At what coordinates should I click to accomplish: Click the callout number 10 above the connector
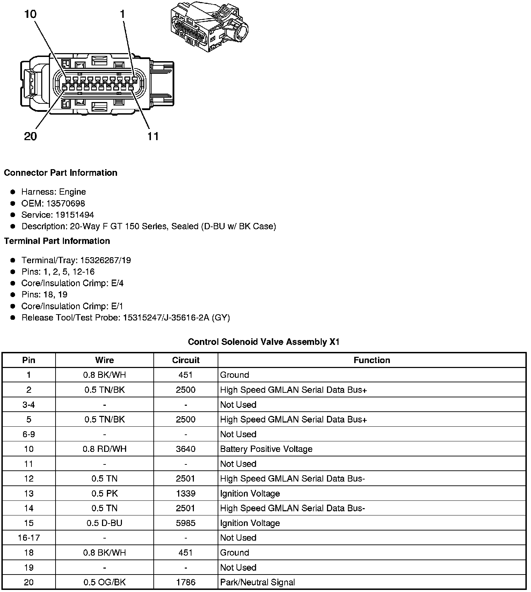[30, 14]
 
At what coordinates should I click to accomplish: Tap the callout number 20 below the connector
[30, 136]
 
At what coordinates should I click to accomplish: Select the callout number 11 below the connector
[153, 136]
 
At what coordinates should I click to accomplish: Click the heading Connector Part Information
[60, 173]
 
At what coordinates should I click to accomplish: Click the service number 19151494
[75, 215]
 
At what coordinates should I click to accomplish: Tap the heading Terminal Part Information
[57, 241]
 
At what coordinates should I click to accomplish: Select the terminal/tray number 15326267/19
[106, 260]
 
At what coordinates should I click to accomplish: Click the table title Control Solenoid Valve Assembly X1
[264, 342]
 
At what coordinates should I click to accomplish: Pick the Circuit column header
[186, 360]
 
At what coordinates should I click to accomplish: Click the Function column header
[372, 360]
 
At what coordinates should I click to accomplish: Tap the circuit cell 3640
[186, 449]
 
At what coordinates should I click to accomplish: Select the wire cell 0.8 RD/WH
[104, 449]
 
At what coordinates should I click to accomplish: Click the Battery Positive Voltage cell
[266, 449]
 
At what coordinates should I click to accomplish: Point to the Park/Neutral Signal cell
[257, 582]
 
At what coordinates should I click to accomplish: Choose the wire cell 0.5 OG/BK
[104, 582]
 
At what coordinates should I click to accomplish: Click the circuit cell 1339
[186, 493]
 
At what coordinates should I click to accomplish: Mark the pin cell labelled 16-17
[29, 538]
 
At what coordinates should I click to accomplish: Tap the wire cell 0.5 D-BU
[104, 523]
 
